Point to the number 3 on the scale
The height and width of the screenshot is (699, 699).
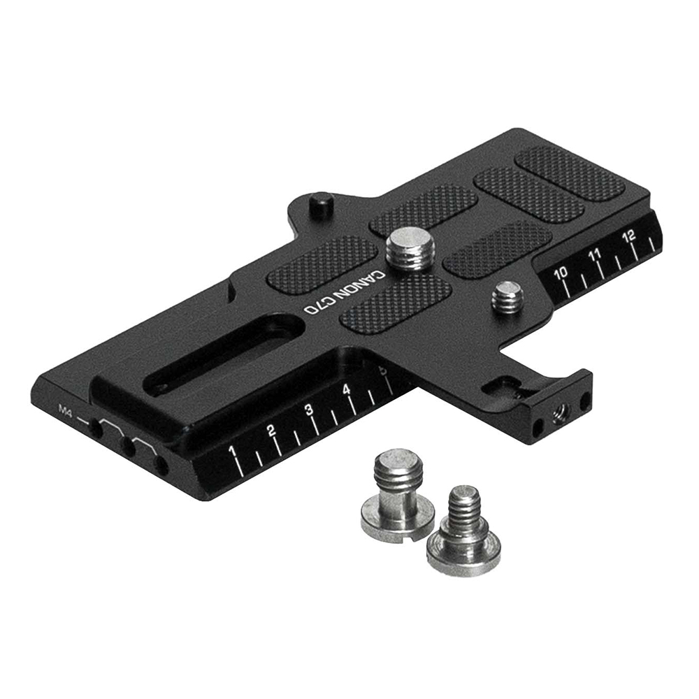click(x=309, y=410)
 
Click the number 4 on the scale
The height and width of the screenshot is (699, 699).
click(x=347, y=390)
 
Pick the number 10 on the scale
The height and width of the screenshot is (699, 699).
click(x=561, y=273)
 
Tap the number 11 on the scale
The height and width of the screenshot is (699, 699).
click(x=595, y=254)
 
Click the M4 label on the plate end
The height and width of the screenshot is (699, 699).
click(x=66, y=407)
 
